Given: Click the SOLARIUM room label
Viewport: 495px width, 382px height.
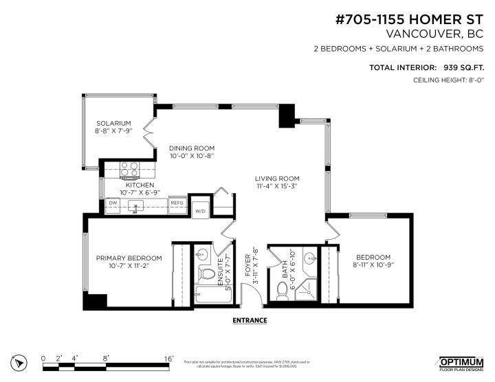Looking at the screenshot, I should [x=113, y=123].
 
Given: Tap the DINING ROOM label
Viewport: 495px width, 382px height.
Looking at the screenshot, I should [x=192, y=148].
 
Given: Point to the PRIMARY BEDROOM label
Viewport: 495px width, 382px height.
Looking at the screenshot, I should [x=129, y=258].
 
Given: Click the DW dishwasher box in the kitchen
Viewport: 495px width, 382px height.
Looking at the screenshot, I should [x=112, y=203].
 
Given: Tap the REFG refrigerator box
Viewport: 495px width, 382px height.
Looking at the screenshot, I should [x=177, y=203].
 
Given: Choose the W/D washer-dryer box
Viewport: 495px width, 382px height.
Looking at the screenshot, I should [x=200, y=211].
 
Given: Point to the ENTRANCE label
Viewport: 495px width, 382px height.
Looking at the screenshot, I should [x=250, y=320].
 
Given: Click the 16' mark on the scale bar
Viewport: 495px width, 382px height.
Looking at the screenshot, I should [x=168, y=358].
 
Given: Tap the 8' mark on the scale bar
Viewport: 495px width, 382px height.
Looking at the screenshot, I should [x=105, y=358].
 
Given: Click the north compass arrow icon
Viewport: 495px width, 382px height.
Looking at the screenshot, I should [x=19, y=362].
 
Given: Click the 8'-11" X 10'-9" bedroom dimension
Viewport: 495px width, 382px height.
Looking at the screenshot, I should [x=373, y=265].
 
